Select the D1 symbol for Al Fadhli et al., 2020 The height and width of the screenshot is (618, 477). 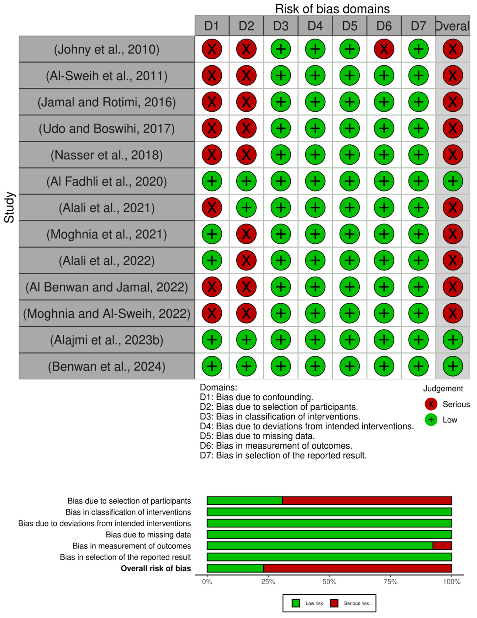click(212, 181)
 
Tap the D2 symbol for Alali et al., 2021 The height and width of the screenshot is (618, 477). click(246, 207)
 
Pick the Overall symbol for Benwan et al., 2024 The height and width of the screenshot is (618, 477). click(453, 366)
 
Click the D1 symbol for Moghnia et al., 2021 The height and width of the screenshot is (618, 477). click(212, 234)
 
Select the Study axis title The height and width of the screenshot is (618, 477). click(9, 207)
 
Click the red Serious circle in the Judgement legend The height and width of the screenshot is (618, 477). click(431, 404)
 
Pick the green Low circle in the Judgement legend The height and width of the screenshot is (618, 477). click(431, 420)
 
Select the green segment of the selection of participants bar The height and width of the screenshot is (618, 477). click(245, 501)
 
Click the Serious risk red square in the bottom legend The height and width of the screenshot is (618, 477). click(334, 603)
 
